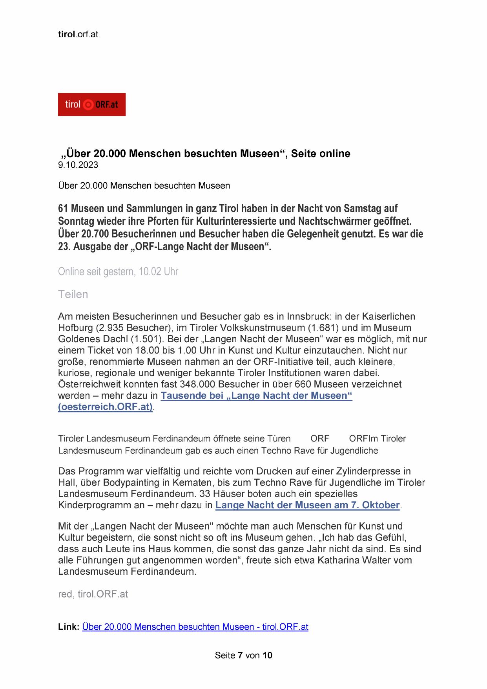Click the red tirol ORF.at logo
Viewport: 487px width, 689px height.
(91, 104)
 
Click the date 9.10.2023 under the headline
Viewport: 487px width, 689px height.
(78, 165)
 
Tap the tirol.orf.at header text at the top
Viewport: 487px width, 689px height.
(78, 34)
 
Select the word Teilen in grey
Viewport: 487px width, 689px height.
(73, 294)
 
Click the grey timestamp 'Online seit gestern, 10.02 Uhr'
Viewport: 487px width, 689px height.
(118, 271)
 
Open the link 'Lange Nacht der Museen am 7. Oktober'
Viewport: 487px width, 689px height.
(307, 505)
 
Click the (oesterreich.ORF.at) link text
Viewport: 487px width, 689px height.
(105, 407)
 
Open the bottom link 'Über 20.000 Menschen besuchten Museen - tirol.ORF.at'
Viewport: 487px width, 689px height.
(195, 627)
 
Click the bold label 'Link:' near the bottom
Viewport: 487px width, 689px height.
(69, 627)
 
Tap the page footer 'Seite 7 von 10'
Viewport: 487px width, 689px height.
(243, 655)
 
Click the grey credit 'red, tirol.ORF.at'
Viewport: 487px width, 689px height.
(93, 594)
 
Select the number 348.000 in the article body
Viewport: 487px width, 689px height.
(196, 384)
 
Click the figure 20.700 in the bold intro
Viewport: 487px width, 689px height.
(95, 234)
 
